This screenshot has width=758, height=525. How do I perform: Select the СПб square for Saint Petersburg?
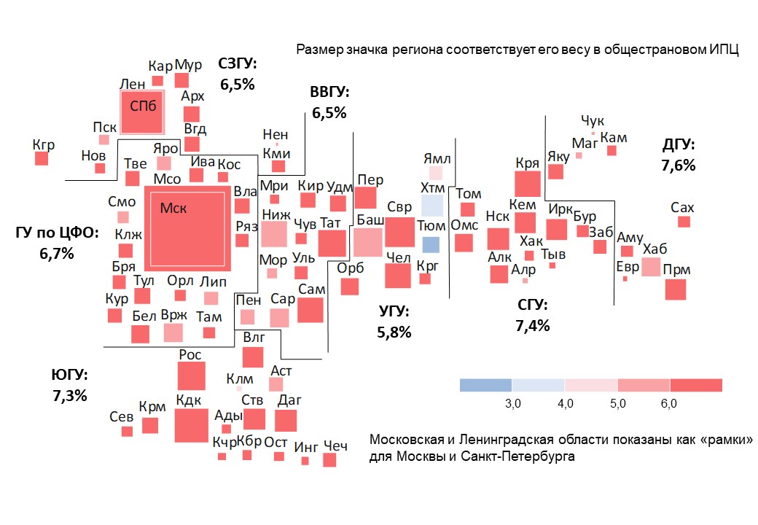142,112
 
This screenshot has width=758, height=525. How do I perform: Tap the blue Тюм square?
431,245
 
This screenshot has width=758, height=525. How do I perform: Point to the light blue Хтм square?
431,206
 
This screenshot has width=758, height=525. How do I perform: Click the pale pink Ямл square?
435,173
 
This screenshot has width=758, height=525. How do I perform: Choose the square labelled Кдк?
191,425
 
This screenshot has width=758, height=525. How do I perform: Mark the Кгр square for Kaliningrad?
42,157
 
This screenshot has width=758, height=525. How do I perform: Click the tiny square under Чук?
593,133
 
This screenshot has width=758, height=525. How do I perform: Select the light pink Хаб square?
651,267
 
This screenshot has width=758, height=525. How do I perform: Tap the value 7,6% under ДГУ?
678,166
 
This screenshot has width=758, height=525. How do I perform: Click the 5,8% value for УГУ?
394,332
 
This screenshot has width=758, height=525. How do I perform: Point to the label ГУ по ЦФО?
57,234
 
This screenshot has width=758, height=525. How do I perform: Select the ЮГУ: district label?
69,376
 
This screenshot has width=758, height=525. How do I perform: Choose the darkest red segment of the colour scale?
695,385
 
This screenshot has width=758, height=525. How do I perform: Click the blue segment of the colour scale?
485,385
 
